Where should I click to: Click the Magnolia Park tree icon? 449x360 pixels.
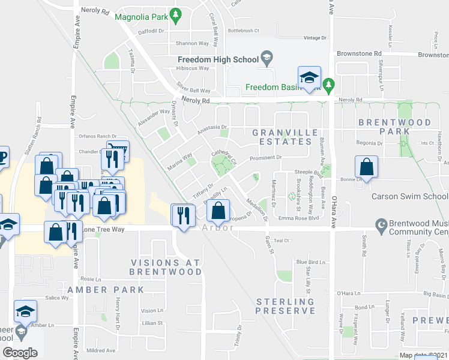[x=176, y=16]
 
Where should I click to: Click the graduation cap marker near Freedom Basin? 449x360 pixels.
[x=309, y=78]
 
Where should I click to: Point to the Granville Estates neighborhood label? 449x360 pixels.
[x=282, y=136]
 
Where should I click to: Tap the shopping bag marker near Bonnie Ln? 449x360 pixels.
[x=366, y=168]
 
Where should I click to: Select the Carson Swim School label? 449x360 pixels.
[x=409, y=196]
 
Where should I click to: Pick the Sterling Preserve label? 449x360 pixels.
[x=285, y=305]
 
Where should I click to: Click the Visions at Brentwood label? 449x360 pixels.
[x=166, y=267]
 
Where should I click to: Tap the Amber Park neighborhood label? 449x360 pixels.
[x=106, y=289]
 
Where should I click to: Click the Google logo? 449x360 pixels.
[x=20, y=353]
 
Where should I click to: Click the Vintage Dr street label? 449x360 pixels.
[x=315, y=38]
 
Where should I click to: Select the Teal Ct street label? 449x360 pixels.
[x=282, y=240]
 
